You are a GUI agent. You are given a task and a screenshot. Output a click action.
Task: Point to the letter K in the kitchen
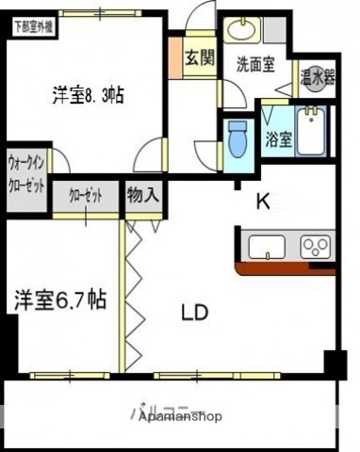click(x=265, y=200)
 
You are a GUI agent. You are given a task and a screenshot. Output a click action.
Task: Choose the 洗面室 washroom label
click(x=254, y=65)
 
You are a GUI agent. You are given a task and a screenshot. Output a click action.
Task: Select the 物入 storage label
click(x=143, y=196)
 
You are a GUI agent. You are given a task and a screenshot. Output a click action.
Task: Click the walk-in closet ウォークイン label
click(x=26, y=170)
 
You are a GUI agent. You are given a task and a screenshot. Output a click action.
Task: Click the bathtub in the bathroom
click(x=310, y=132)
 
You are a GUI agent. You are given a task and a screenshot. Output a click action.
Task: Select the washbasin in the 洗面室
click(x=242, y=31)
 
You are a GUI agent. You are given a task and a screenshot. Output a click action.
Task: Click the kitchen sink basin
click(x=269, y=248)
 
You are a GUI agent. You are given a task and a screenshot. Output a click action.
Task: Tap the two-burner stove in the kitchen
click(x=314, y=248)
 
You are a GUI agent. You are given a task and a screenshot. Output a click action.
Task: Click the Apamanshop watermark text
click(x=180, y=414)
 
